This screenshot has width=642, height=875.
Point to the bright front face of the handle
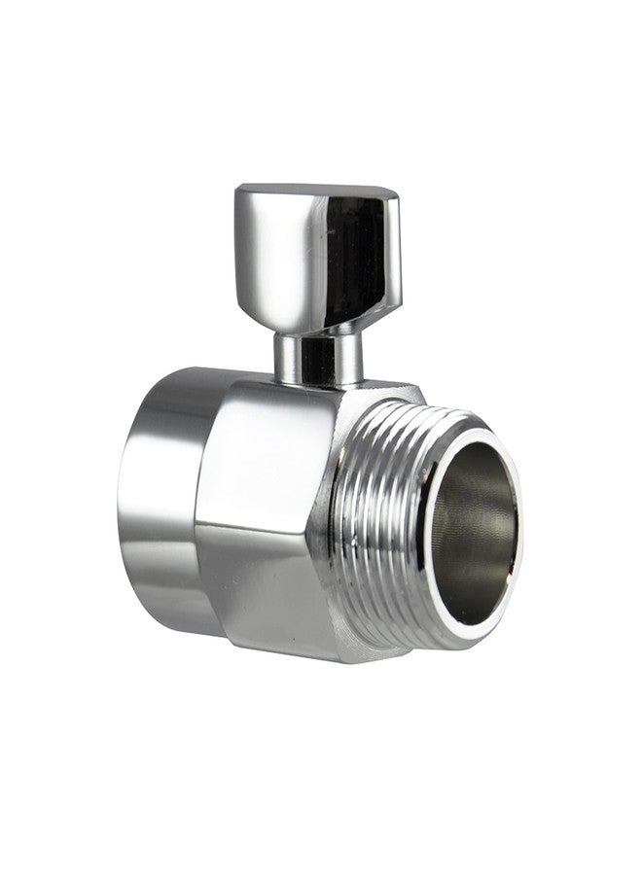(277, 248)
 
